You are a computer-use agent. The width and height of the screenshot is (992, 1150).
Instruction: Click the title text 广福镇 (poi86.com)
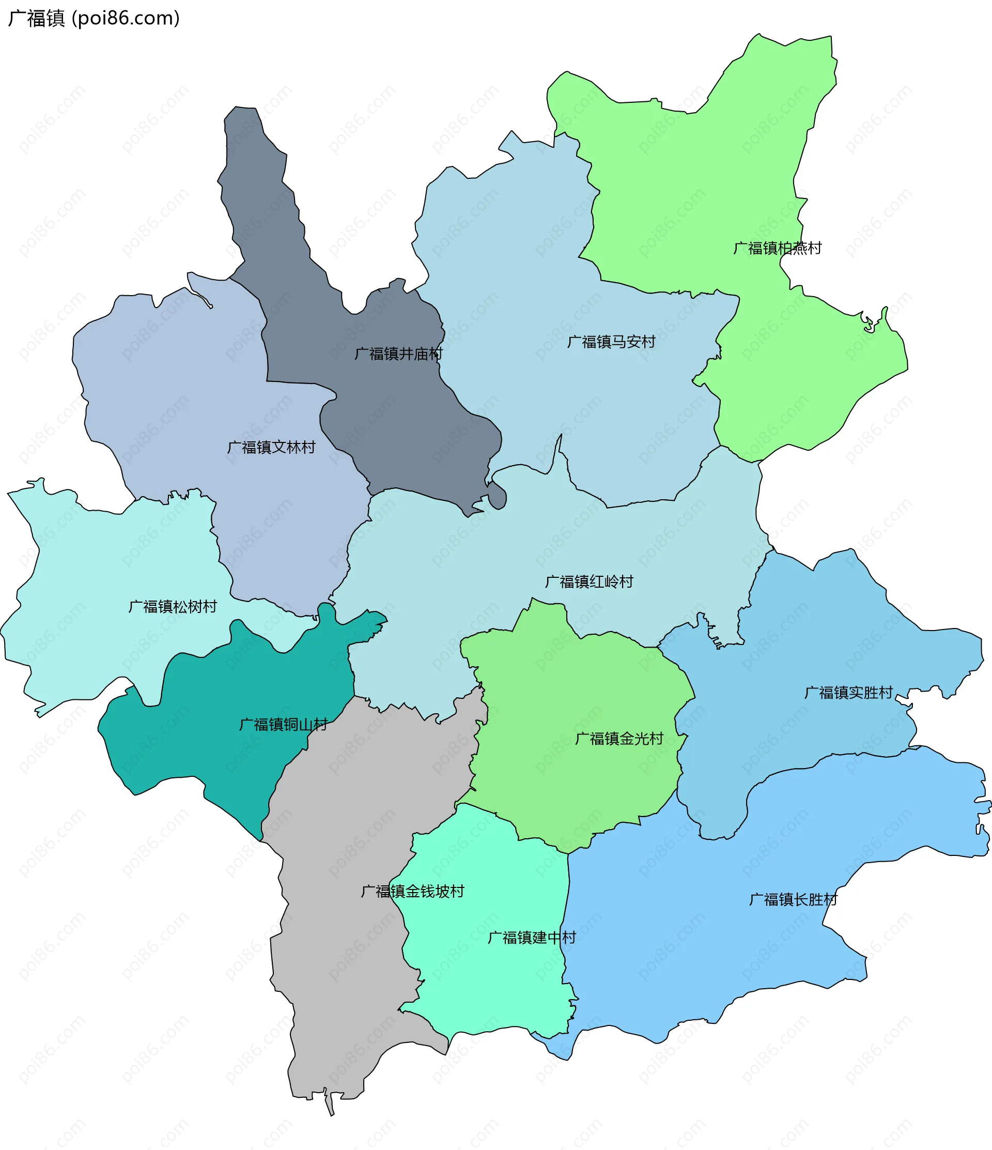[93, 18]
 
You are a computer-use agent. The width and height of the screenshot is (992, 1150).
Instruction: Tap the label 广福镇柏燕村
[777, 248]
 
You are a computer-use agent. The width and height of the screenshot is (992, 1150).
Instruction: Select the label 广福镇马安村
[611, 342]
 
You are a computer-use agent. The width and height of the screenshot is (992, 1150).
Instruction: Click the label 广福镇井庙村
[398, 354]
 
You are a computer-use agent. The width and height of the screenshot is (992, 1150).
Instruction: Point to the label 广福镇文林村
[271, 448]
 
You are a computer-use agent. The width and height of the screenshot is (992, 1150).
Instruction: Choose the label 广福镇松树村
[173, 607]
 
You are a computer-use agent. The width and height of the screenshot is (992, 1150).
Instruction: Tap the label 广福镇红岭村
[588, 581]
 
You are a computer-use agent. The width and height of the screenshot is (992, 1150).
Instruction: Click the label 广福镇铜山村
[283, 724]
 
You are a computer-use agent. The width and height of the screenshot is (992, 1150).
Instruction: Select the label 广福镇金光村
[618, 739]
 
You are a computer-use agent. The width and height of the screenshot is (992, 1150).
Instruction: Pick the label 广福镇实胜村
[848, 693]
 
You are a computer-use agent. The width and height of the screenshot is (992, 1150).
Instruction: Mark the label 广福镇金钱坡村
[412, 892]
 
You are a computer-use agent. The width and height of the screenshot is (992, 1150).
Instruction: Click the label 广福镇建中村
[532, 938]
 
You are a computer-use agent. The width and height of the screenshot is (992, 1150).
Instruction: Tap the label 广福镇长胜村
[793, 900]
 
